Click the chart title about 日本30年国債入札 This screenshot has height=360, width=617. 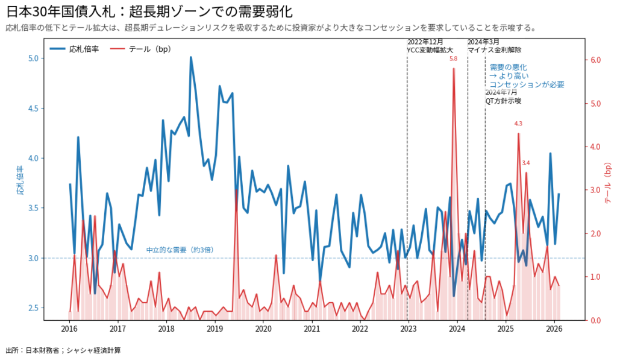point(151,13)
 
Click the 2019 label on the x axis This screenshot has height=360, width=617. point(215,329)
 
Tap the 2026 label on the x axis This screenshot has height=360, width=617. point(554,329)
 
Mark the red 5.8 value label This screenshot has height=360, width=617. point(453,59)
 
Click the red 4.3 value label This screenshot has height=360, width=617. point(518,124)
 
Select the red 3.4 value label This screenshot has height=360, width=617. point(526,163)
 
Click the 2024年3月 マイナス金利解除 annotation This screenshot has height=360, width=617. point(494,46)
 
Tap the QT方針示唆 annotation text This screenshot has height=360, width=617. point(503,101)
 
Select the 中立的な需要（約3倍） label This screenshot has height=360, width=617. point(180,250)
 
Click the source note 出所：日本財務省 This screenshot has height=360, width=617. point(63,350)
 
